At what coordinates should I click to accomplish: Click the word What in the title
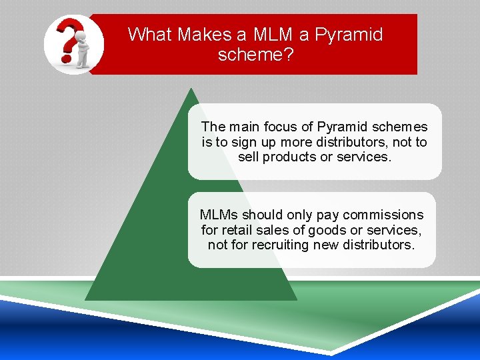point(148,34)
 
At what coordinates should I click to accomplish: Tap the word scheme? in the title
point(255,54)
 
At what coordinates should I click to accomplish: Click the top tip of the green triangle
point(191,89)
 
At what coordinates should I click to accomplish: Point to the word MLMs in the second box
point(219,215)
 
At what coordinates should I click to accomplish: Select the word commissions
point(383,215)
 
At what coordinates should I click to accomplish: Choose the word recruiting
point(280,245)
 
